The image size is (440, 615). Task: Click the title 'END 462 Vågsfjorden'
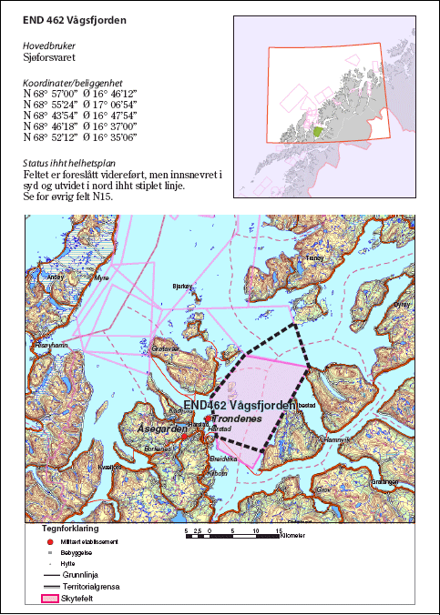pyautogui.click(x=74, y=17)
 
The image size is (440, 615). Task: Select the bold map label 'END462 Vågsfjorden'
pyautogui.click(x=239, y=405)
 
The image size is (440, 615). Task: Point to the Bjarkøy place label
pyautogui.click(x=183, y=285)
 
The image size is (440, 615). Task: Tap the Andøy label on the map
pyautogui.click(x=56, y=276)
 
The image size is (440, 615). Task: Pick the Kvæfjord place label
pyautogui.click(x=108, y=467)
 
